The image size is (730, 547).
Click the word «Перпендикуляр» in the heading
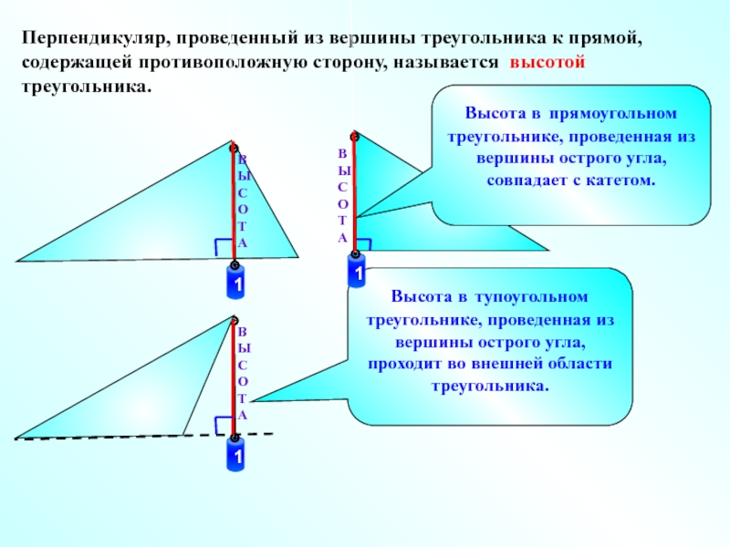pyautogui.click(x=89, y=41)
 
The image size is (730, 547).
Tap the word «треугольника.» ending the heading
pyautogui.click(x=84, y=89)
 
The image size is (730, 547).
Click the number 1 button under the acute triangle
pyautogui.click(x=235, y=285)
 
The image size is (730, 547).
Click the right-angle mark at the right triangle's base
pyautogui.click(x=362, y=244)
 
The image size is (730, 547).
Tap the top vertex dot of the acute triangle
pyautogui.click(x=235, y=146)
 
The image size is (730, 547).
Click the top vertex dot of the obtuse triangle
pyautogui.click(x=235, y=320)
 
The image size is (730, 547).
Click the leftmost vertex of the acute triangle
pyautogui.click(x=16, y=261)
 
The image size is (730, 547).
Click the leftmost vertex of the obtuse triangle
pyautogui.click(x=15, y=439)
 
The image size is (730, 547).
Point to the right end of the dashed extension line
pyautogui.click(x=272, y=434)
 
